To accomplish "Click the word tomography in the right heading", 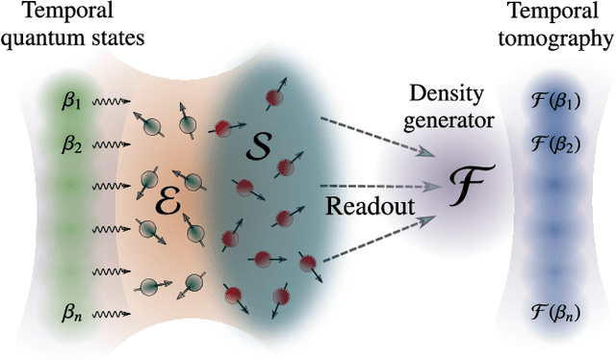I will pos(563,39).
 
